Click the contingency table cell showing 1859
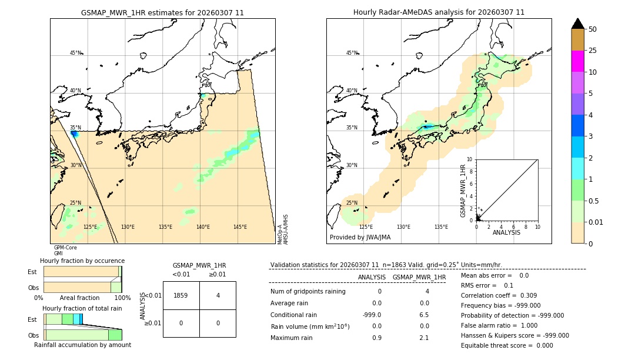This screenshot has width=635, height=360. click(181, 295)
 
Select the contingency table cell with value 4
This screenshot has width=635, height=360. click(218, 295)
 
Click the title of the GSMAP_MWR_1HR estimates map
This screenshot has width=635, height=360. click(162, 12)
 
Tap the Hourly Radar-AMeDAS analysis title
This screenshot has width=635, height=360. click(439, 12)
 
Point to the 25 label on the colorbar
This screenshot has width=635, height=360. click(593, 51)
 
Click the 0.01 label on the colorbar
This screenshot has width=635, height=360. click(596, 222)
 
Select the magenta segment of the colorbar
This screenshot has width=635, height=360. click(577, 61)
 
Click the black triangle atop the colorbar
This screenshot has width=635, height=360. click(577, 24)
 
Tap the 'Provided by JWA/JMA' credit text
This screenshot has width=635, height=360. click(360, 238)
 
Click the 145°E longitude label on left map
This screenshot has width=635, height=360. click(240, 227)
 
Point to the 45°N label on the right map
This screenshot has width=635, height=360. click(351, 53)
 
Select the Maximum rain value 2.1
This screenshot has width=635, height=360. click(423, 338)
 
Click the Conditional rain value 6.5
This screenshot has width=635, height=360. click(423, 315)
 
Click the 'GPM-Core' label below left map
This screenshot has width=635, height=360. click(65, 248)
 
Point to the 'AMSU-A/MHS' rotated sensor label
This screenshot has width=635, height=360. click(285, 229)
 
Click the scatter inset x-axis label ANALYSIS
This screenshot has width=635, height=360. click(506, 232)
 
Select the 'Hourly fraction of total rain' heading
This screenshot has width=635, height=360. click(82, 308)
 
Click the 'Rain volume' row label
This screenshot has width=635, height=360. click(310, 326)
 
